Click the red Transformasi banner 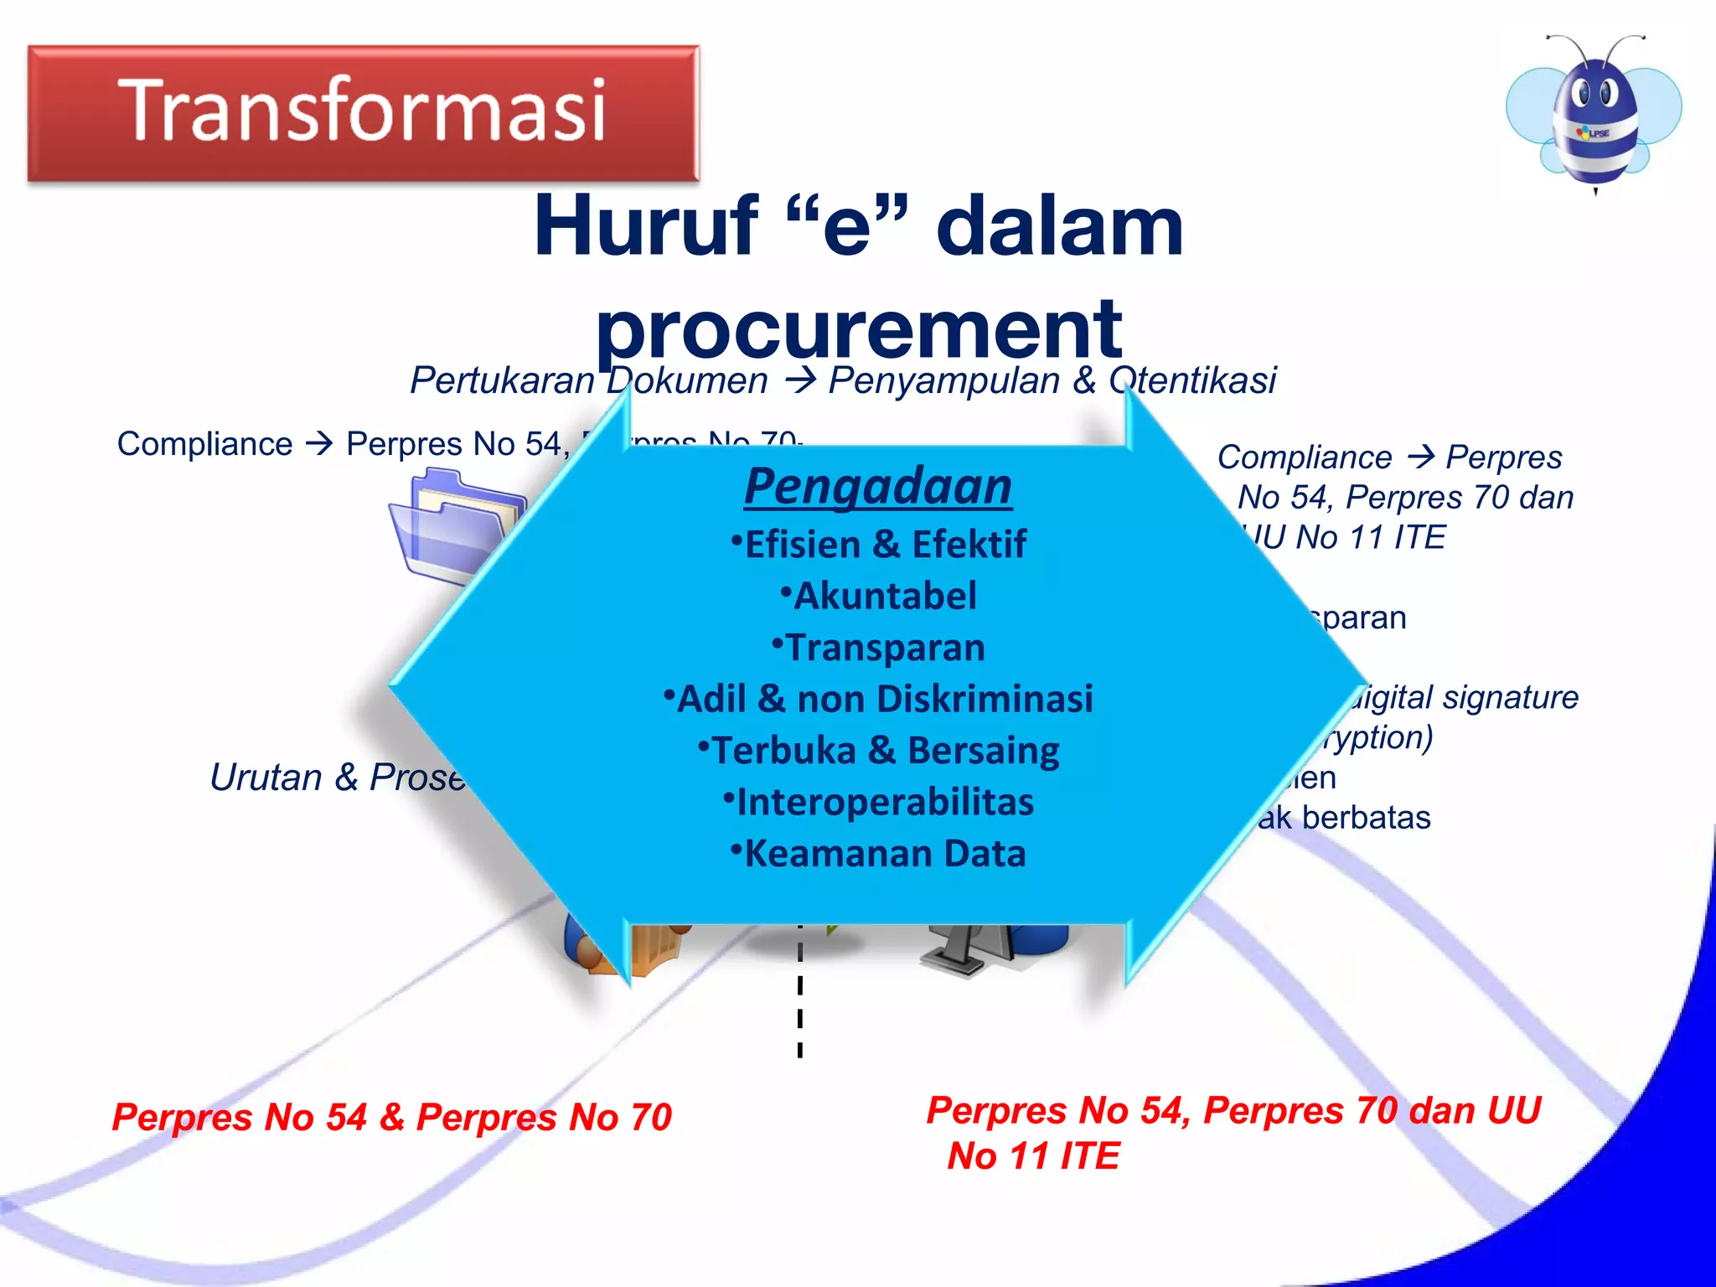click(363, 112)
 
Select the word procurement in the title click(858, 328)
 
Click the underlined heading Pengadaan click(877, 487)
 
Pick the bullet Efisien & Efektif click(879, 545)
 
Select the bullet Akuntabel click(879, 597)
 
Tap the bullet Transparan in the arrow click(879, 648)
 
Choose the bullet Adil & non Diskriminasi click(879, 699)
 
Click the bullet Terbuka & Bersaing click(879, 751)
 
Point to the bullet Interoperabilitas click(879, 802)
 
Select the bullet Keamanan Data click(879, 854)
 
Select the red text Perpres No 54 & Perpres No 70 click(392, 1117)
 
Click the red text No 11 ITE click(1033, 1156)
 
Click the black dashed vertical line click(800, 1005)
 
